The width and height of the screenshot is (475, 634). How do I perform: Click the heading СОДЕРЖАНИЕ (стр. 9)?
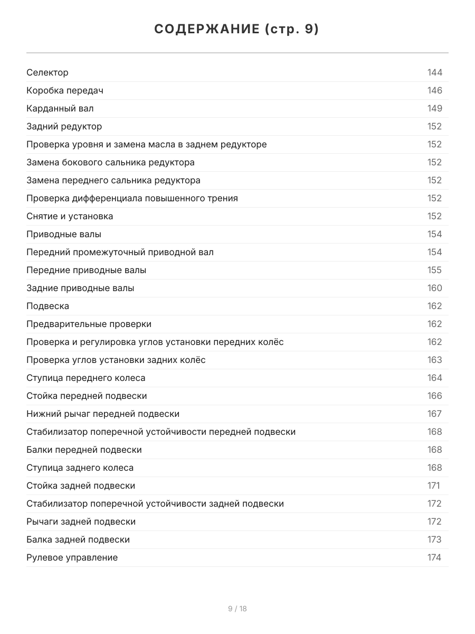pos(237,30)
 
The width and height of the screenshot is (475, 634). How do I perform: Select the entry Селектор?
pos(47,72)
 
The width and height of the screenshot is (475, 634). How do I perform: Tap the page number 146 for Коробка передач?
pos(434,90)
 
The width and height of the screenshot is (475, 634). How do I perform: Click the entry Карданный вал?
pos(60,108)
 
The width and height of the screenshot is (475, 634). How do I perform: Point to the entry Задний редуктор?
pos(64,126)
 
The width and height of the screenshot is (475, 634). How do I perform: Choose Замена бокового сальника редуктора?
pos(110,162)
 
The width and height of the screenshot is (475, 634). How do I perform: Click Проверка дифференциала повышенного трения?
pos(132,198)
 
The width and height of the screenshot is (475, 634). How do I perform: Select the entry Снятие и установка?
pos(70,216)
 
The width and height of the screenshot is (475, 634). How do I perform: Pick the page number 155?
pos(434,270)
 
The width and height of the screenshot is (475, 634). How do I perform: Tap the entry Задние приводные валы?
pos(80,288)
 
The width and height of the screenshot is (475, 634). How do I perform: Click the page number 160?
pos(434,288)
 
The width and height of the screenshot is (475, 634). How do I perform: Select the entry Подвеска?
pos(47,306)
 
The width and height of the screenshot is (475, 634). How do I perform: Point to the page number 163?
pos(434,360)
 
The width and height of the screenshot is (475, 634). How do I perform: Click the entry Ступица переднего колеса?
pos(85,378)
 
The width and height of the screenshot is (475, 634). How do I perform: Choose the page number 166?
pos(434,396)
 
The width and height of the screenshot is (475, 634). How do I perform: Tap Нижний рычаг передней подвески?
pos(103,414)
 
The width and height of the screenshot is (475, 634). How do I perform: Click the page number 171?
pos(433,486)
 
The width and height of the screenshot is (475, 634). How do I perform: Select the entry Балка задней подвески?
pos(78,539)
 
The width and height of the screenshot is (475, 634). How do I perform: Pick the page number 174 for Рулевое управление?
pos(434,557)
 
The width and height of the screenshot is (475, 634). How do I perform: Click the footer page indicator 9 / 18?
pos(237,609)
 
